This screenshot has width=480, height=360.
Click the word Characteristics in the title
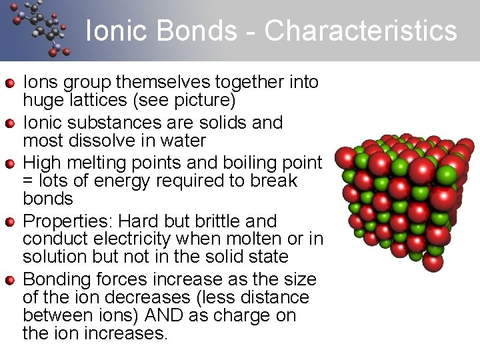(361, 31)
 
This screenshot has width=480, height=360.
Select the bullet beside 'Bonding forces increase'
(10, 279)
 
